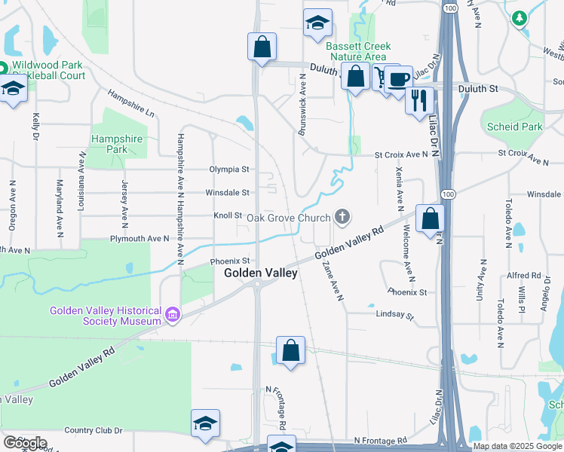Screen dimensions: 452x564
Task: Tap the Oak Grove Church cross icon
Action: coord(342,218)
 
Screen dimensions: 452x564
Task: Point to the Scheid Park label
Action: coord(515,127)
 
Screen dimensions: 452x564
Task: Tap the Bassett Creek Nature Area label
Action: coord(356,50)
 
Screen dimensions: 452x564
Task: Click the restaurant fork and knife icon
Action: coord(418,99)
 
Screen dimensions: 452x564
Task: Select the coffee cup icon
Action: coord(397,78)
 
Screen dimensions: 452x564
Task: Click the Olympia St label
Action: coord(230,169)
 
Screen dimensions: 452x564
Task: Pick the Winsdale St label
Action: coord(228,193)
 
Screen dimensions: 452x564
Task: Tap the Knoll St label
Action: coord(228,215)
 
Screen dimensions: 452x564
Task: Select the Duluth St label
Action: coord(478,89)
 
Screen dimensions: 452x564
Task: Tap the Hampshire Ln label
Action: coord(130,103)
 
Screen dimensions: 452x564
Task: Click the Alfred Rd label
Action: coord(524,276)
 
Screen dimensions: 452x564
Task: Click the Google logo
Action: coord(24,443)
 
